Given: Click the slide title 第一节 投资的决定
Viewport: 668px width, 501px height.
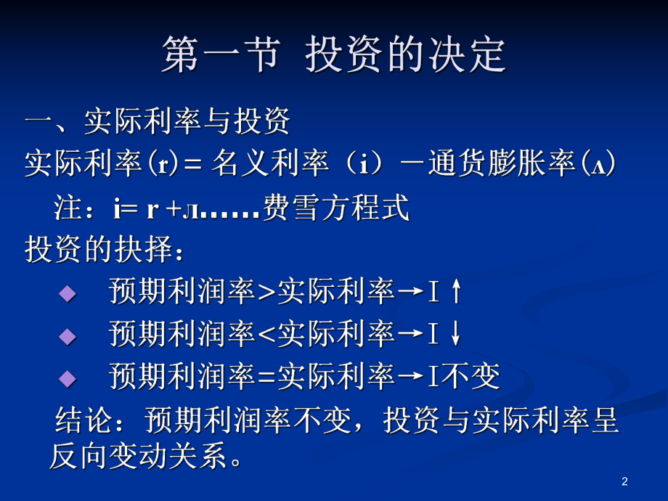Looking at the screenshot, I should (x=333, y=55).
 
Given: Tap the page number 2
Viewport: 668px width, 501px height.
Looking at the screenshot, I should (x=624, y=481).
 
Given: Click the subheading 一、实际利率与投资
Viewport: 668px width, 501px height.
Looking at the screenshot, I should (x=158, y=121).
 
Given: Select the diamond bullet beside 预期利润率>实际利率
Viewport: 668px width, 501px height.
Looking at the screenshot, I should (x=68, y=293).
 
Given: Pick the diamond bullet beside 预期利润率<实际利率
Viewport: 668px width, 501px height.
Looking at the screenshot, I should (x=68, y=335).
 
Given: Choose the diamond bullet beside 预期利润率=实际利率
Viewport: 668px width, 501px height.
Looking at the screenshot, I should (x=68, y=378).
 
